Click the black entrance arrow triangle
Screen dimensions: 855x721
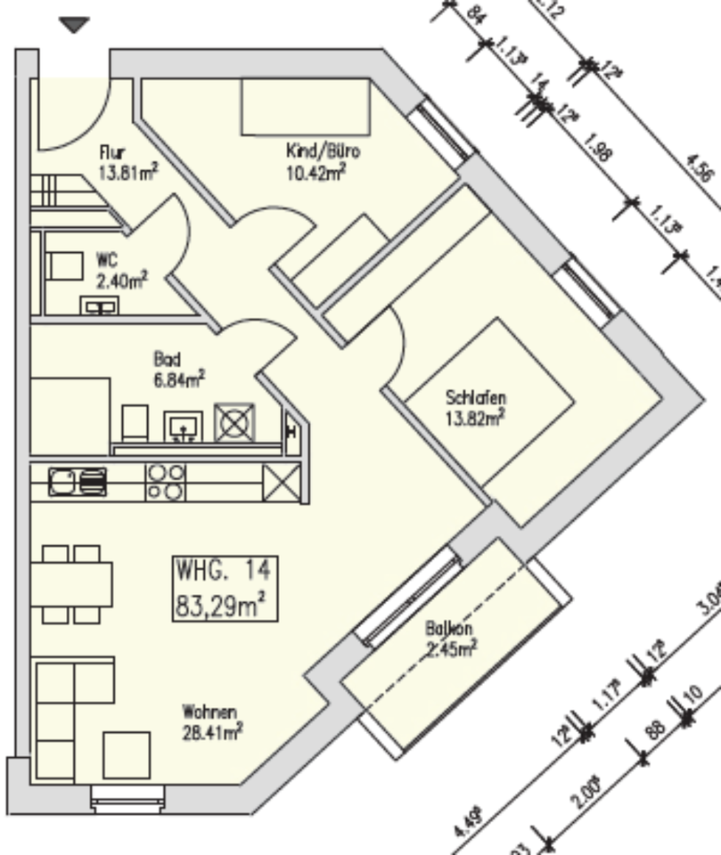74,25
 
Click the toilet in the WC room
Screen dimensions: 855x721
63,265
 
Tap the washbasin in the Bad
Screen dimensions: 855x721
184,426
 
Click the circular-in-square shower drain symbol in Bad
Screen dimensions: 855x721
234,422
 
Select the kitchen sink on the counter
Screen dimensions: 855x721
78,482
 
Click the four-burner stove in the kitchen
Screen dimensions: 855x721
166,482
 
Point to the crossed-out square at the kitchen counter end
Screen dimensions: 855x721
283,484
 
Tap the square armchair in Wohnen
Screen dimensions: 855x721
127,754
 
